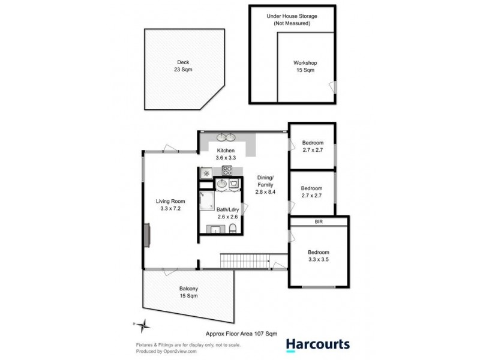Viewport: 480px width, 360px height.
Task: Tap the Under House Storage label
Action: [292, 17]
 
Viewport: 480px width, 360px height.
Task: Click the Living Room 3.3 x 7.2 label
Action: [171, 205]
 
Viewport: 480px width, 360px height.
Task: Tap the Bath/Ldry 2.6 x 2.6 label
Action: [227, 212]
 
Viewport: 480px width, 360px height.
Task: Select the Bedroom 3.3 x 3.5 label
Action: [318, 256]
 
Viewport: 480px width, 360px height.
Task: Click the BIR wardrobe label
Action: [318, 221]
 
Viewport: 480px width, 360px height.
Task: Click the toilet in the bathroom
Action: [233, 228]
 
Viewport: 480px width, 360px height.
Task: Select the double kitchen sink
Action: [226, 137]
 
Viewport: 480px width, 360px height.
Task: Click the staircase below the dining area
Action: [243, 261]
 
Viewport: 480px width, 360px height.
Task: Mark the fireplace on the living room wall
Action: [146, 233]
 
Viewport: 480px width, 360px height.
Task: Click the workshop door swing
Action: [334, 88]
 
